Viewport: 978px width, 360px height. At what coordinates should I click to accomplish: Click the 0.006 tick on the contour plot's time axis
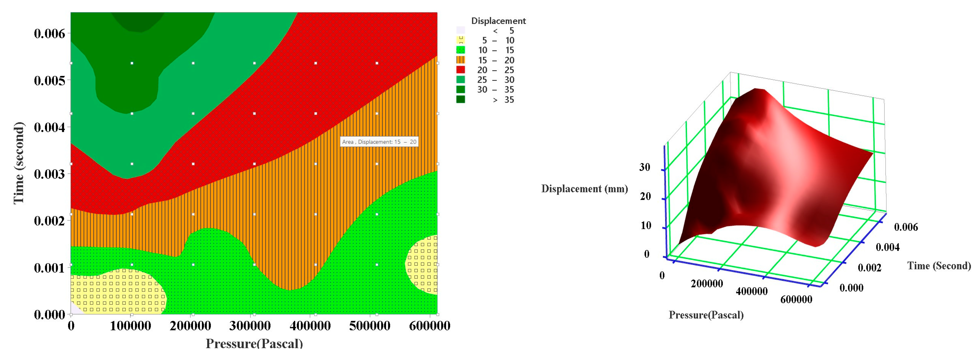click(x=49, y=33)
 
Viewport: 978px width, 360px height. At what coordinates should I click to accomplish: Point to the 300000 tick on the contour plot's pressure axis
click(x=250, y=326)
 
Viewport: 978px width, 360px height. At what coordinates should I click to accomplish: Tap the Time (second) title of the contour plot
click(x=18, y=163)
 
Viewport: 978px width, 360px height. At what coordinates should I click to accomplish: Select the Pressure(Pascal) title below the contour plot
click(x=254, y=343)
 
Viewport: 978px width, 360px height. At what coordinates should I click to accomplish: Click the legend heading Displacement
click(x=498, y=21)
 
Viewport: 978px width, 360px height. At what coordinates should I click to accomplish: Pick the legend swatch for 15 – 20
click(x=460, y=60)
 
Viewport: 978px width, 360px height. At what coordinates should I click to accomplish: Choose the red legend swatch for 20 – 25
click(x=460, y=70)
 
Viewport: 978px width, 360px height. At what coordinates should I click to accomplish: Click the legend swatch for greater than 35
click(x=460, y=100)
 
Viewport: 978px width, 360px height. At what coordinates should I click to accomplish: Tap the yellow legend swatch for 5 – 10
click(x=460, y=40)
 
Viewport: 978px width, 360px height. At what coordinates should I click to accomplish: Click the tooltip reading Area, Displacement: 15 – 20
click(x=379, y=142)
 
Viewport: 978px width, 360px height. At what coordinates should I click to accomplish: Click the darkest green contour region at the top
click(x=139, y=21)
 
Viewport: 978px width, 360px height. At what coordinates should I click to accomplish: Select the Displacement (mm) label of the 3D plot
click(x=584, y=189)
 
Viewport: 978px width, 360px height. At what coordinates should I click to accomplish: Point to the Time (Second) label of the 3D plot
click(x=938, y=266)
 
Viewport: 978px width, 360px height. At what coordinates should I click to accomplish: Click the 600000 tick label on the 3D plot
click(x=796, y=300)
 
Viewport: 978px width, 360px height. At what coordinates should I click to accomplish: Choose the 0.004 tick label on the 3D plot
click(x=887, y=248)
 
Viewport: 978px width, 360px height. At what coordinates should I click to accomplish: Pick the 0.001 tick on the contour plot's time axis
click(x=49, y=268)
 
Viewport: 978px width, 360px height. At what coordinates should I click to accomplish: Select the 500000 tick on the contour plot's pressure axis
click(x=370, y=326)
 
